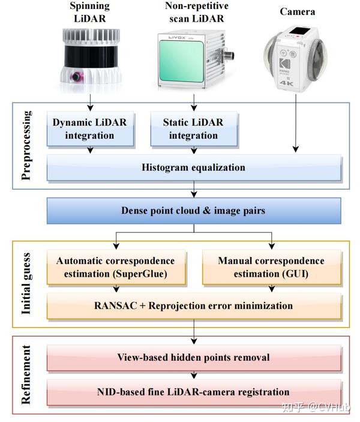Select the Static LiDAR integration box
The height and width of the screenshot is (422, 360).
(193, 129)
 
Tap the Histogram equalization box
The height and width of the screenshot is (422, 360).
(193, 167)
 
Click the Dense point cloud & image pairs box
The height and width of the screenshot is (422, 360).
(193, 211)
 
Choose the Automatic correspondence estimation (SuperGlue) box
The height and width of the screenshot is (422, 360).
(115, 267)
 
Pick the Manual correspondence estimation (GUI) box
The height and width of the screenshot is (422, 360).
(271, 267)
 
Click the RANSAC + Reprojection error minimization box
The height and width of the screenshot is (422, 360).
(193, 306)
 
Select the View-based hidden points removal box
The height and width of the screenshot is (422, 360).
(193, 358)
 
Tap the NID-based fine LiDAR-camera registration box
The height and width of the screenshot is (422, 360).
(193, 392)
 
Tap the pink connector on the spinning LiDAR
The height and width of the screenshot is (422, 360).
(77, 77)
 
